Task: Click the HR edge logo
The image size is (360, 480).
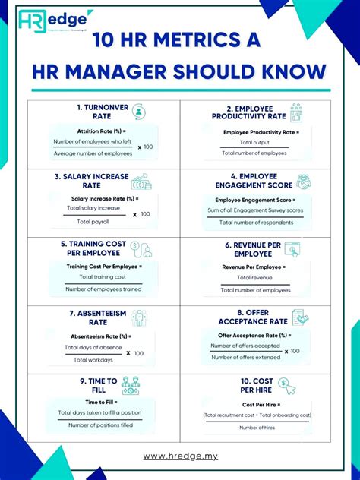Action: click(55, 21)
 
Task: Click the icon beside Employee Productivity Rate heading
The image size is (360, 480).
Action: click(295, 112)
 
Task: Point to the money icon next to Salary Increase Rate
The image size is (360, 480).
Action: click(141, 182)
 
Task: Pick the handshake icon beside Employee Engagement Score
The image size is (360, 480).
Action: click(303, 182)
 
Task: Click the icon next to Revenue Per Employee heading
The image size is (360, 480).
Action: click(292, 250)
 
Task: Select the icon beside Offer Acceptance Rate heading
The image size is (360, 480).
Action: click(301, 317)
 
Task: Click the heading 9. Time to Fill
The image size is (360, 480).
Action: click(99, 385)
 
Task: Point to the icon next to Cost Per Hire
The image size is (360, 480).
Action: click(287, 385)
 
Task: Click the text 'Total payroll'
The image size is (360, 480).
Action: click(92, 221)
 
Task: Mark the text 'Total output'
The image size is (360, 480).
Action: click(254, 142)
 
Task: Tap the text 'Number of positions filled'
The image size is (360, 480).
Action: click(99, 425)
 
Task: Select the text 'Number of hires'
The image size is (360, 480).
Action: click(257, 428)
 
